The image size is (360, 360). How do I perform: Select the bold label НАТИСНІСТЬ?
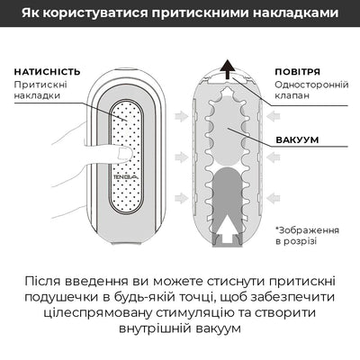click(x=47, y=71)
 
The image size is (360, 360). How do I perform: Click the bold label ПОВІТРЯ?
click(x=296, y=71)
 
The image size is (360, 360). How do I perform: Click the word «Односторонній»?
click(x=307, y=85)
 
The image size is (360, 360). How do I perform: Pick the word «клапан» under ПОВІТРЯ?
click(x=292, y=96)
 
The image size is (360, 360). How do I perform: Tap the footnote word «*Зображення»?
click(x=305, y=229)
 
